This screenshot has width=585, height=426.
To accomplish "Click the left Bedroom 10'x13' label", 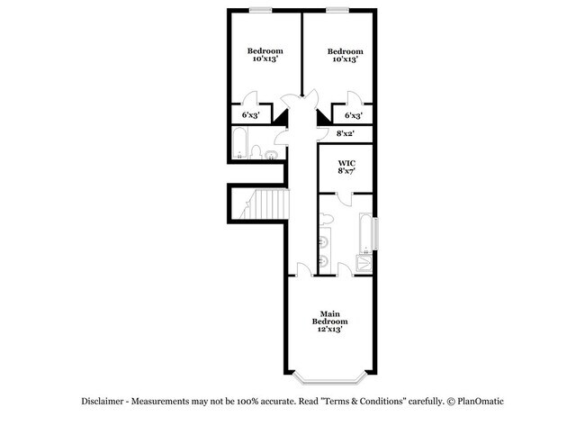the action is [265, 55].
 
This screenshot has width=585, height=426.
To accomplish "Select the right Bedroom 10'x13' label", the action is [345, 55].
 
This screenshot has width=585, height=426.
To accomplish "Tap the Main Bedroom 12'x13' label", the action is [329, 322].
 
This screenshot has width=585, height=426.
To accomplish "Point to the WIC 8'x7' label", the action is [346, 167].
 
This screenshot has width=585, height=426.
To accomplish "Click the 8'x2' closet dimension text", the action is [345, 133].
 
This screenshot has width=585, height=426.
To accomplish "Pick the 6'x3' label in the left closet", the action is [251, 115].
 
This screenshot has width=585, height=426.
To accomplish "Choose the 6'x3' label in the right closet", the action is [353, 115].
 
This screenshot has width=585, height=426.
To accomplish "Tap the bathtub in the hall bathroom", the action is [239, 143].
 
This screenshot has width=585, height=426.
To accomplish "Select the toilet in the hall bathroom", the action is [256, 152].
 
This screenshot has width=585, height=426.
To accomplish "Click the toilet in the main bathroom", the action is [326, 219].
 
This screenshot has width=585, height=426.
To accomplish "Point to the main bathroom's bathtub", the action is [365, 233].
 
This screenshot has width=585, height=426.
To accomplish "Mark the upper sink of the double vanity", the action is [324, 242].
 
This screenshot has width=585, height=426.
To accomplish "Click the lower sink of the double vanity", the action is [324, 260].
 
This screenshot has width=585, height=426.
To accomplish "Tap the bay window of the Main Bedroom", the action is [329, 379].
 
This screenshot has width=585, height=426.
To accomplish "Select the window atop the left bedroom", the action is [261, 10].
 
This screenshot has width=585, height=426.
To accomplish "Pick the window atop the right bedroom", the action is [337, 10].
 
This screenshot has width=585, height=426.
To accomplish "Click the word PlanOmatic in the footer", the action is [481, 402].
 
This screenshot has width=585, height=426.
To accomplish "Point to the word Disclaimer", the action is [103, 402].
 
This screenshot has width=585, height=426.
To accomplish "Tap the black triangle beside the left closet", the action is [281, 116].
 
